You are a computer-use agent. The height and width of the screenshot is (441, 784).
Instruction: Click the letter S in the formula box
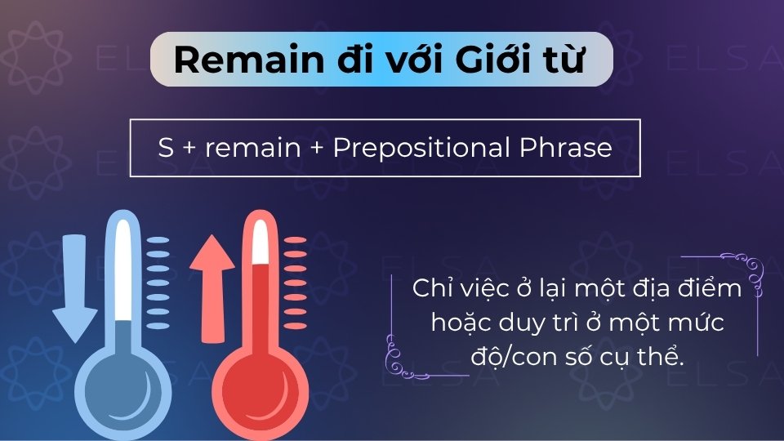(164, 148)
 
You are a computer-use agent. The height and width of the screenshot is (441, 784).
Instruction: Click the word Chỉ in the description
(431, 289)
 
